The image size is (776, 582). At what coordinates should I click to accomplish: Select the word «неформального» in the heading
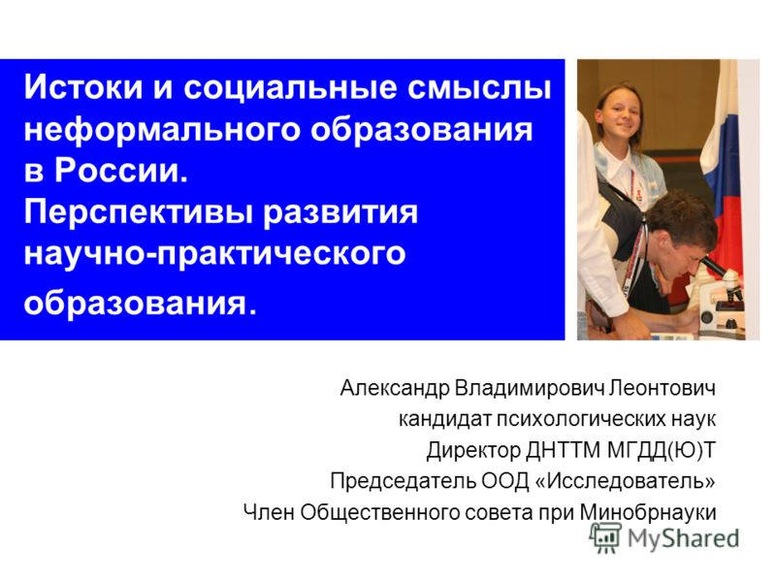pyautogui.click(x=142, y=130)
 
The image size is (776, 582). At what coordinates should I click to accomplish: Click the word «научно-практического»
pyautogui.click(x=214, y=254)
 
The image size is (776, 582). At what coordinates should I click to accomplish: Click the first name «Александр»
pyautogui.click(x=395, y=389)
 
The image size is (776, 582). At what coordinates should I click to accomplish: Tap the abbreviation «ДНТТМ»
pyautogui.click(x=558, y=450)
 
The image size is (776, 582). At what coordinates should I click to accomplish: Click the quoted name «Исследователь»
pyautogui.click(x=630, y=480)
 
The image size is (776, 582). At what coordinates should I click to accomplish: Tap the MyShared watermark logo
pyautogui.click(x=665, y=537)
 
